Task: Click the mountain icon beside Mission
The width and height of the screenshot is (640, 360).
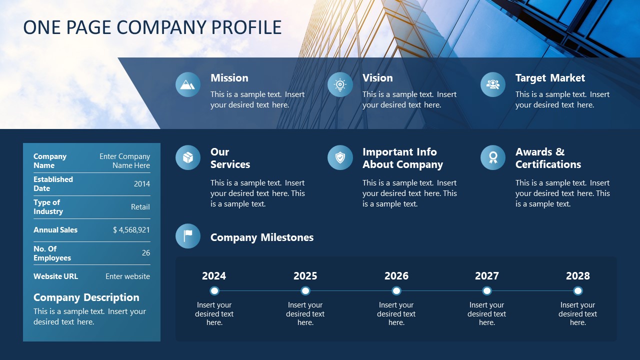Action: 188,84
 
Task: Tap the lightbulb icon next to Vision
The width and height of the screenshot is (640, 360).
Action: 340,84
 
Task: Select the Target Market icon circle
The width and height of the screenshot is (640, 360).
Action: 493,84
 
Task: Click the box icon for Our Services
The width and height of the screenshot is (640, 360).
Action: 188,157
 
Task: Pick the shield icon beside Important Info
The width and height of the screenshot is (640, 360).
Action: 340,157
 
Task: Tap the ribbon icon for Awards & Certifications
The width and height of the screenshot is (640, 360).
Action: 493,157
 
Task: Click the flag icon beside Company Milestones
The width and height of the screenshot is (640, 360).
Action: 188,236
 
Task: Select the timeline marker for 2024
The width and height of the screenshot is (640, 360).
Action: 214,291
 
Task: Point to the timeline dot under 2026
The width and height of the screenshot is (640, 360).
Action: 396,291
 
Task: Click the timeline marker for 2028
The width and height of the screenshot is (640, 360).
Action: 578,291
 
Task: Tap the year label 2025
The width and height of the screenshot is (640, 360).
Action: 305,276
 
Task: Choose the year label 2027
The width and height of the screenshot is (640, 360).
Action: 487,276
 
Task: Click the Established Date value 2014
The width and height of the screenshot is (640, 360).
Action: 142,184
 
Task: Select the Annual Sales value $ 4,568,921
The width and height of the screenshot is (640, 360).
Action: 131,230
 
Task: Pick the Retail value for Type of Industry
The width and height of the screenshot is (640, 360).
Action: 140,207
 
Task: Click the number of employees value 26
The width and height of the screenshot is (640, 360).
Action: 146,253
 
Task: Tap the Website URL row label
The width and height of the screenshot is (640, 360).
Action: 55,276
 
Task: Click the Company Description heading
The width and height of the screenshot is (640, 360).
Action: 86,297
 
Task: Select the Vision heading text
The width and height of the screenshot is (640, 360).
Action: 377,78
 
